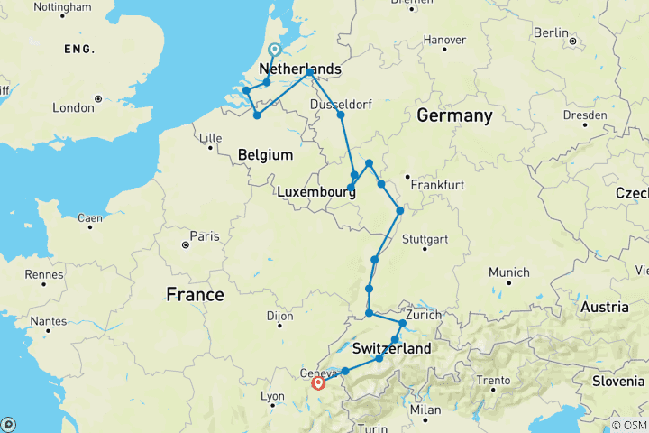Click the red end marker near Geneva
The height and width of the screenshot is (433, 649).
(x=318, y=383)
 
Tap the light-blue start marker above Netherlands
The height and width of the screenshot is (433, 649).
(x=274, y=51)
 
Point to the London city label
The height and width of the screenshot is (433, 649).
(x=73, y=107)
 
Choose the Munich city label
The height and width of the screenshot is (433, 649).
(x=510, y=272)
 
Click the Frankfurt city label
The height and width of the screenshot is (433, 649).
(x=436, y=185)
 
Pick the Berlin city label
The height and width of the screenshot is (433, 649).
(x=550, y=32)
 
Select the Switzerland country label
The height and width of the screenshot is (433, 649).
(x=391, y=349)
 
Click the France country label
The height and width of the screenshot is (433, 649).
(x=196, y=295)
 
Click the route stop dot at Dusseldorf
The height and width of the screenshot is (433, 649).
(x=341, y=115)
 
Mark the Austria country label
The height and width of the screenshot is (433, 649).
(x=605, y=308)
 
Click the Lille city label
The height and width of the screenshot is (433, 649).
(x=209, y=137)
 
